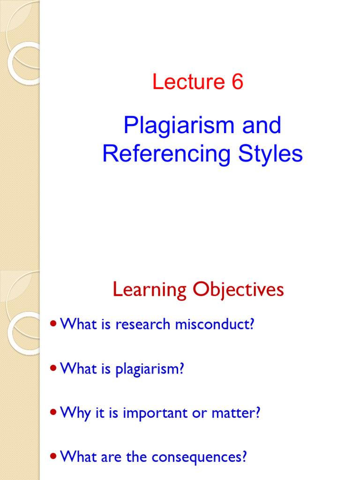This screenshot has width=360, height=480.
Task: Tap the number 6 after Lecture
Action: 237,82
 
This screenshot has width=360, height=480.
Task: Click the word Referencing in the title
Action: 166,154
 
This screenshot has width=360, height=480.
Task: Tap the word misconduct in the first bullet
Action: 218,324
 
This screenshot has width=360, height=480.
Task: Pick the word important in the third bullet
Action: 162,413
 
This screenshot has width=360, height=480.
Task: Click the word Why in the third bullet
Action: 75,413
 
